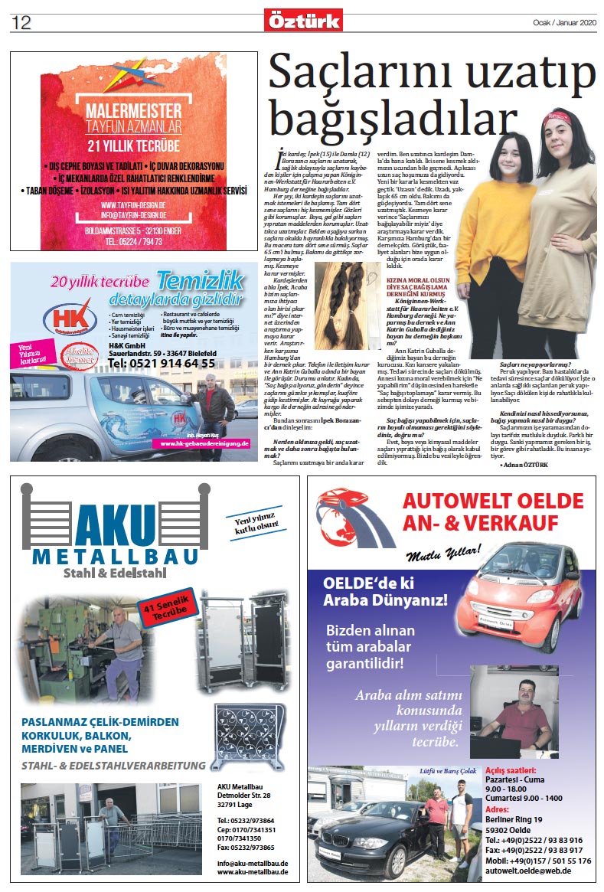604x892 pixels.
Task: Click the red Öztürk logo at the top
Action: [303, 20]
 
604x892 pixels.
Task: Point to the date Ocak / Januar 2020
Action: [563, 21]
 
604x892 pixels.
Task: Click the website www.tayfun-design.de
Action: [133, 205]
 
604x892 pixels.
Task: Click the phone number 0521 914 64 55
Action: [162, 363]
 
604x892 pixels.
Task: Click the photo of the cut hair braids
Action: [347, 306]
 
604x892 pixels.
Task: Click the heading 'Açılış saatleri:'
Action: [511, 769]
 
